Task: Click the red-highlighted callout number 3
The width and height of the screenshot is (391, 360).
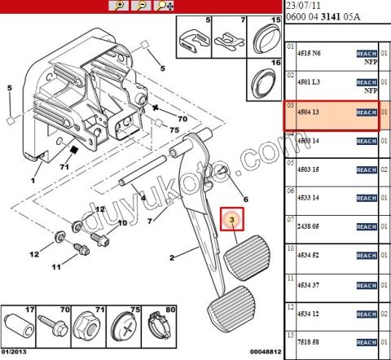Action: tap(233, 220)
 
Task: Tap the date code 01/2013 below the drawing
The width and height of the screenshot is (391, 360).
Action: tap(15, 352)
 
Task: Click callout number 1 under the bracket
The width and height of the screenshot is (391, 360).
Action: tap(33, 179)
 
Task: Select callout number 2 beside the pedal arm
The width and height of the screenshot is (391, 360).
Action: tap(171, 258)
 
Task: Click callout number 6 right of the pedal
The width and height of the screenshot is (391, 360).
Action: tap(244, 200)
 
